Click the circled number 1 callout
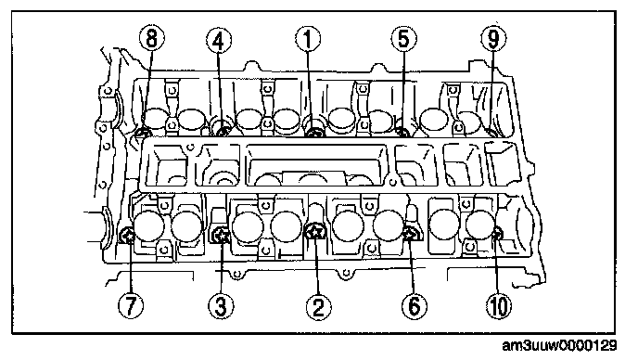click(x=308, y=40)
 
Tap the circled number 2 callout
click(x=318, y=306)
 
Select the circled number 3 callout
click(x=221, y=306)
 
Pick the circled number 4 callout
click(x=219, y=41)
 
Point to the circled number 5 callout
click(x=403, y=39)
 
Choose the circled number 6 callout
click(x=414, y=305)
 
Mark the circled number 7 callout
click(x=131, y=306)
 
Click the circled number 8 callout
click(x=151, y=39)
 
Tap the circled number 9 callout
click(x=493, y=39)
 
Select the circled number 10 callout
click(x=499, y=306)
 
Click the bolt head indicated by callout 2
click(x=314, y=232)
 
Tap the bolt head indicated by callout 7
click(x=127, y=236)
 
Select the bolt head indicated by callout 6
click(x=411, y=234)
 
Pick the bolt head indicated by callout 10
click(x=497, y=234)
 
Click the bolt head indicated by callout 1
click(x=313, y=132)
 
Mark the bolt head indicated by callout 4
click(x=223, y=132)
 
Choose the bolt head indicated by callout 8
click(x=143, y=132)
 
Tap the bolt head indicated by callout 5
click(x=402, y=132)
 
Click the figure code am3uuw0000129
click(x=559, y=346)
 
